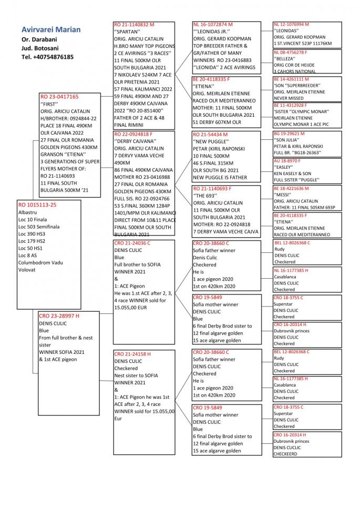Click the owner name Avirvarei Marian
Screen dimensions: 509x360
pos(51,29)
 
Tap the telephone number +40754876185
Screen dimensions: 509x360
pos(48,57)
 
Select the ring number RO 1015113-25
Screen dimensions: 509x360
pos(37,204)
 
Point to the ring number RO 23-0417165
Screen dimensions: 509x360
pos(59,97)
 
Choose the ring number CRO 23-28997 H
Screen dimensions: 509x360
pos(59,316)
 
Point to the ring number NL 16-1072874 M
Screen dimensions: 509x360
pos(213,24)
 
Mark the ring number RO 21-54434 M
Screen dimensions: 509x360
pos(210,135)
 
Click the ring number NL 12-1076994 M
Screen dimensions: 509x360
pos(292,24)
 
